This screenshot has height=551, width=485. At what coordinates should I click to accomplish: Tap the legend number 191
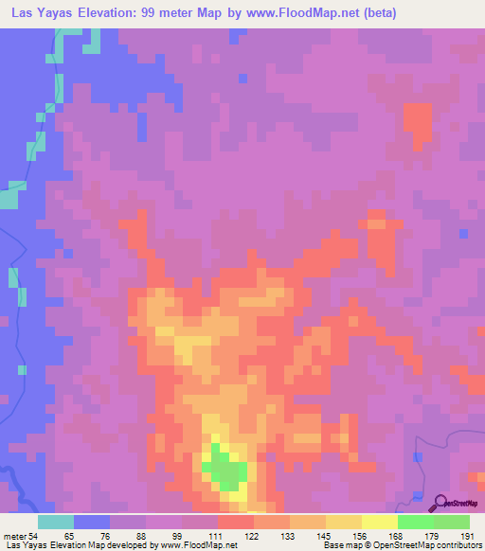coord(465,536)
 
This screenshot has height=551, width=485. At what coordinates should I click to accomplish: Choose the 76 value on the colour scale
coord(105,536)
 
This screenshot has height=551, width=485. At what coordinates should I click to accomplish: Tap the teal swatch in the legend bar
coord(55,522)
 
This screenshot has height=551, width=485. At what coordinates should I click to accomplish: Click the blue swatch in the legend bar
coord(91,522)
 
